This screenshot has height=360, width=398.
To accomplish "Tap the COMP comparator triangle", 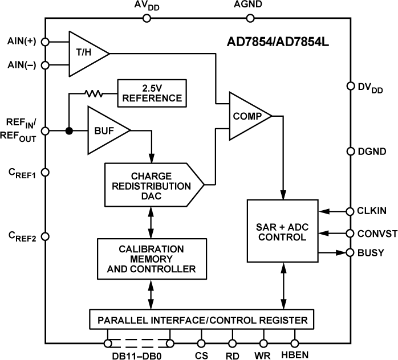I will (248, 116).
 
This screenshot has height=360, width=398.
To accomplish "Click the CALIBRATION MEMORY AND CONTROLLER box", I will (151, 258).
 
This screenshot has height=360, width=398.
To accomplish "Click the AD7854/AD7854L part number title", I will (275, 42).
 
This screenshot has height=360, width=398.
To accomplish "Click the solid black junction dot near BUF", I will (69, 130).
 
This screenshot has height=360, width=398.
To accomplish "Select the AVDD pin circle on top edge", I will (147, 18).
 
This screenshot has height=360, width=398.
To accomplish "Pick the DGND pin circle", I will (351, 151).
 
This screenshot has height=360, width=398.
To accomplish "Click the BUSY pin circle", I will (351, 252).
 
